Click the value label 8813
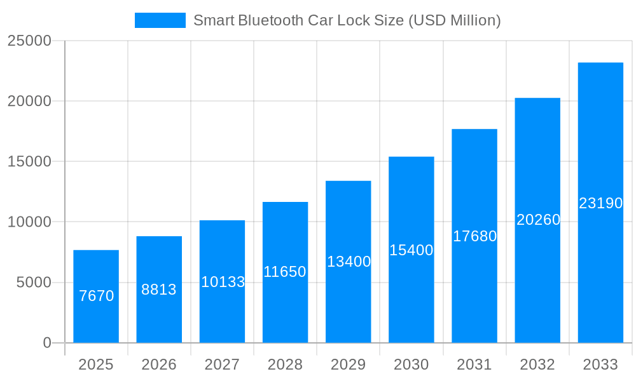coord(159,290)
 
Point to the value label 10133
coord(223,282)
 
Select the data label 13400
coord(349,262)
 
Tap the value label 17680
coord(474,236)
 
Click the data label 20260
coord(538,220)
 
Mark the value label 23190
coord(600,203)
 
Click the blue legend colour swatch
coord(160,20)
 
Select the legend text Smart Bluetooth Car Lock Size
coord(347,20)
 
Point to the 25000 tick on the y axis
coord(29,41)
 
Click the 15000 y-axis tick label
coord(29,161)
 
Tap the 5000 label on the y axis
coord(34,283)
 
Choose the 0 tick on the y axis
coord(47,343)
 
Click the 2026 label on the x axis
coord(159,364)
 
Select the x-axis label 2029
coord(349,364)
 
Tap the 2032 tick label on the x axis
coord(537,364)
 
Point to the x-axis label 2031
coord(474,364)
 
